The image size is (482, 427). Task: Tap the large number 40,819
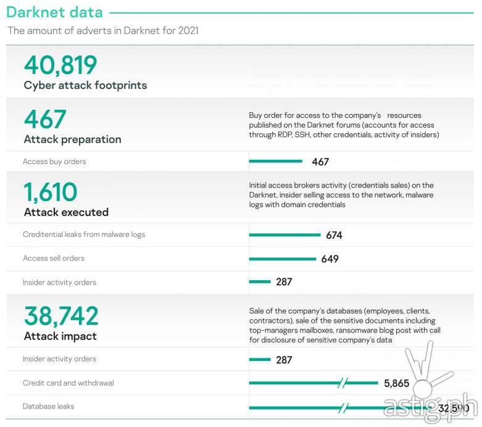pos(60,65)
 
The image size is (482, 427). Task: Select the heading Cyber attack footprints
pos(85,85)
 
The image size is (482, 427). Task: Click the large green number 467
pos(45,119)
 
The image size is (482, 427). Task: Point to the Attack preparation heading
pos(72,139)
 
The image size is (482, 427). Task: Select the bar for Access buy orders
pos(275,162)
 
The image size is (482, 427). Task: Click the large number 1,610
pos(51,193)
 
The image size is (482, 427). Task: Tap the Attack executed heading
pos(66,212)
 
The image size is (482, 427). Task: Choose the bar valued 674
pos(285,235)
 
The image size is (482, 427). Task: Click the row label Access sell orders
pos(54,258)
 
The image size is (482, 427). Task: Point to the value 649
pos(330,259)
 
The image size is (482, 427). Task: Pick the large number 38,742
pos(61,316)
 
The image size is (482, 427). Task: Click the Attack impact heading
pos(60,336)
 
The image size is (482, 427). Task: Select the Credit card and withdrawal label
pos(68,383)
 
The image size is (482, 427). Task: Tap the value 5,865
pos(396,383)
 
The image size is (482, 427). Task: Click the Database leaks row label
pos(49,407)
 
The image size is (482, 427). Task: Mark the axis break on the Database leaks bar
pos(344,407)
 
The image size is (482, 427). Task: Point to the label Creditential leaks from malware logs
pos(84,234)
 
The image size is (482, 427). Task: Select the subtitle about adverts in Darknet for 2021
pos(103,30)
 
